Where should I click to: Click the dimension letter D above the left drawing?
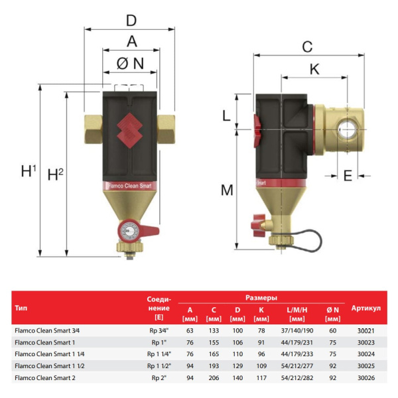[131, 21]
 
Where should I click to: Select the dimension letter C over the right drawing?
[306, 46]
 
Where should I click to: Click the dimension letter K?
[314, 68]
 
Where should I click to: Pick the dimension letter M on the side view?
[227, 190]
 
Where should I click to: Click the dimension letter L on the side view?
[226, 115]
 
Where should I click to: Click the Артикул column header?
[366, 308]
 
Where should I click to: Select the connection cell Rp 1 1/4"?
[158, 353]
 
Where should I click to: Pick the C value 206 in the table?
[214, 377]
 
